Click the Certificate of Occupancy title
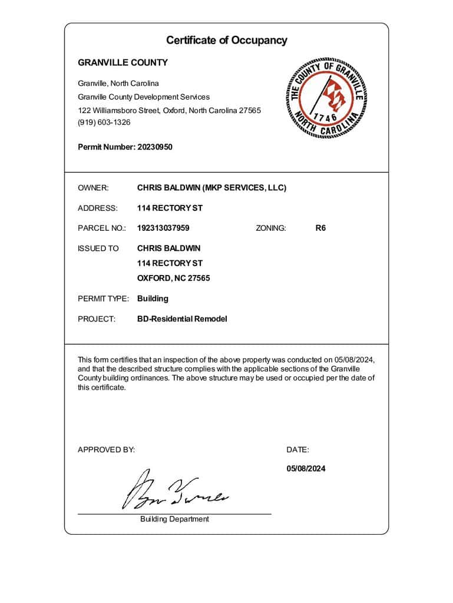(226, 41)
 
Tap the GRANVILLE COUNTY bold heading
(123, 62)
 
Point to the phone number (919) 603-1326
(104, 122)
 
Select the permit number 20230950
(155, 147)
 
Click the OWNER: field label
(93, 188)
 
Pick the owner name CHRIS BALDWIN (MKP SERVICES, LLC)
(211, 188)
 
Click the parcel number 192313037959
(163, 228)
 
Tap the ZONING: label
(271, 228)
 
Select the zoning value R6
(320, 228)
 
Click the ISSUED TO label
(98, 248)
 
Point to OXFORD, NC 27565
(173, 278)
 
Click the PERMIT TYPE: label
(103, 299)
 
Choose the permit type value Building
(153, 299)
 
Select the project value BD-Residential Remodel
(181, 319)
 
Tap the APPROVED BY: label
(106, 450)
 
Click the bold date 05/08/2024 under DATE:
(306, 469)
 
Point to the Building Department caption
(174, 519)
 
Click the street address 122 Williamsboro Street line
(169, 110)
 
